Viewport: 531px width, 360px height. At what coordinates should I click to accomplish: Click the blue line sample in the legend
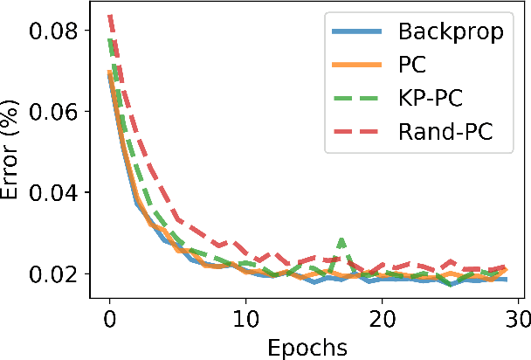(357, 33)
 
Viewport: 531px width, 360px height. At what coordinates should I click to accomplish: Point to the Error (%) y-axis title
(14, 154)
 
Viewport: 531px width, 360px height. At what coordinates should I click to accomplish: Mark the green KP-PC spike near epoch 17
(341, 239)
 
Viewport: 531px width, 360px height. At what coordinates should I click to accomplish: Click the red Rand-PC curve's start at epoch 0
(110, 16)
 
